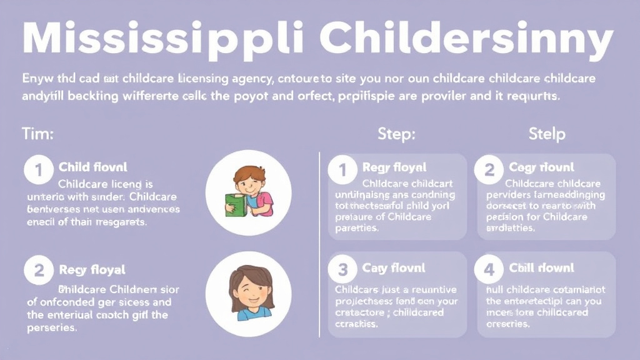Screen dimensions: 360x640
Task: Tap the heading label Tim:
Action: click(x=37, y=134)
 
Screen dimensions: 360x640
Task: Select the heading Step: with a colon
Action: click(x=396, y=134)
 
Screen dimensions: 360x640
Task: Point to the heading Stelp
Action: click(x=547, y=134)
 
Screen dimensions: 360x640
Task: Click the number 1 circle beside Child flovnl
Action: click(x=39, y=169)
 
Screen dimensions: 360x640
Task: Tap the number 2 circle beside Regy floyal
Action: click(x=39, y=271)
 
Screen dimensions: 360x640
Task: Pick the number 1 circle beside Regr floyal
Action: click(x=342, y=169)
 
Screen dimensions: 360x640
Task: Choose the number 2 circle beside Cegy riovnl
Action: click(x=489, y=169)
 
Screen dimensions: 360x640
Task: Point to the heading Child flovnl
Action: click(x=92, y=167)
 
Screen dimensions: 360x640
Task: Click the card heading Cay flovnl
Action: click(x=393, y=268)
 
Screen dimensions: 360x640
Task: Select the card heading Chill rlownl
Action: click(x=541, y=268)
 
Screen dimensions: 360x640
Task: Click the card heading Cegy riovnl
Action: click(x=541, y=167)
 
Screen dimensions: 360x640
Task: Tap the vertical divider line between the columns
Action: click(x=319, y=244)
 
